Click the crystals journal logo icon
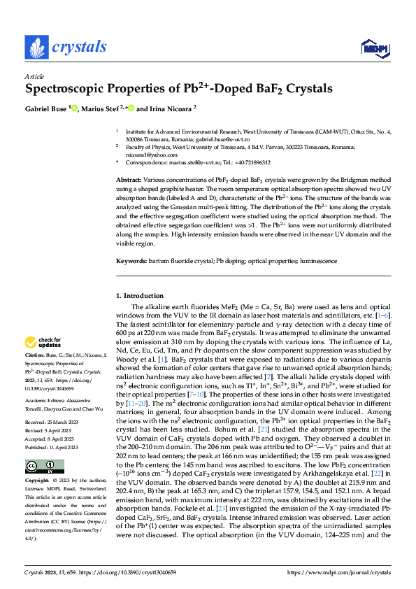click(36, 47)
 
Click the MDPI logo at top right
click(372, 48)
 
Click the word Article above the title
click(34, 76)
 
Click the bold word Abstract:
click(130, 180)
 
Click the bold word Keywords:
click(131, 261)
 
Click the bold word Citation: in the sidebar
click(36, 357)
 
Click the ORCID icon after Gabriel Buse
click(75, 109)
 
